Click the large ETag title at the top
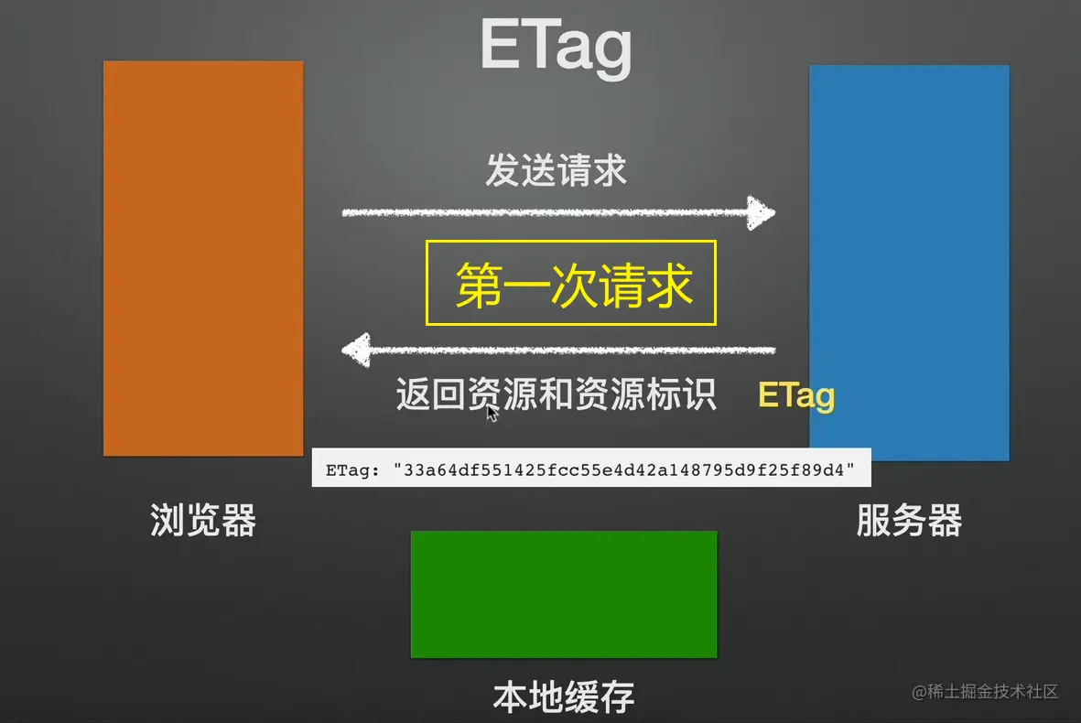[556, 46]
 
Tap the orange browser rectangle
[203, 258]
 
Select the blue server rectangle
[909, 263]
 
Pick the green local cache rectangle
[564, 594]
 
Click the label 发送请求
[557, 170]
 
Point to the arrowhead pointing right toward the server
[762, 213]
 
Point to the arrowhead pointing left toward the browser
[356, 351]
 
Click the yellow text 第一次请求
[574, 285]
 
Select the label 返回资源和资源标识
[557, 394]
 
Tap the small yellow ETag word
[796, 395]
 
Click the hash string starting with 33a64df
[624, 470]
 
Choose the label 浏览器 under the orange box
[203, 520]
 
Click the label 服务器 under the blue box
[909, 520]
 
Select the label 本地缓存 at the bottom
[564, 696]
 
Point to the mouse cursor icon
[492, 413]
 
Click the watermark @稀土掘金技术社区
[985, 691]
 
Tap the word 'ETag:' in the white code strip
[352, 470]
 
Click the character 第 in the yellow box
[479, 285]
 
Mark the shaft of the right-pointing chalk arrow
[545, 213]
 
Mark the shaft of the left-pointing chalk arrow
[573, 351]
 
